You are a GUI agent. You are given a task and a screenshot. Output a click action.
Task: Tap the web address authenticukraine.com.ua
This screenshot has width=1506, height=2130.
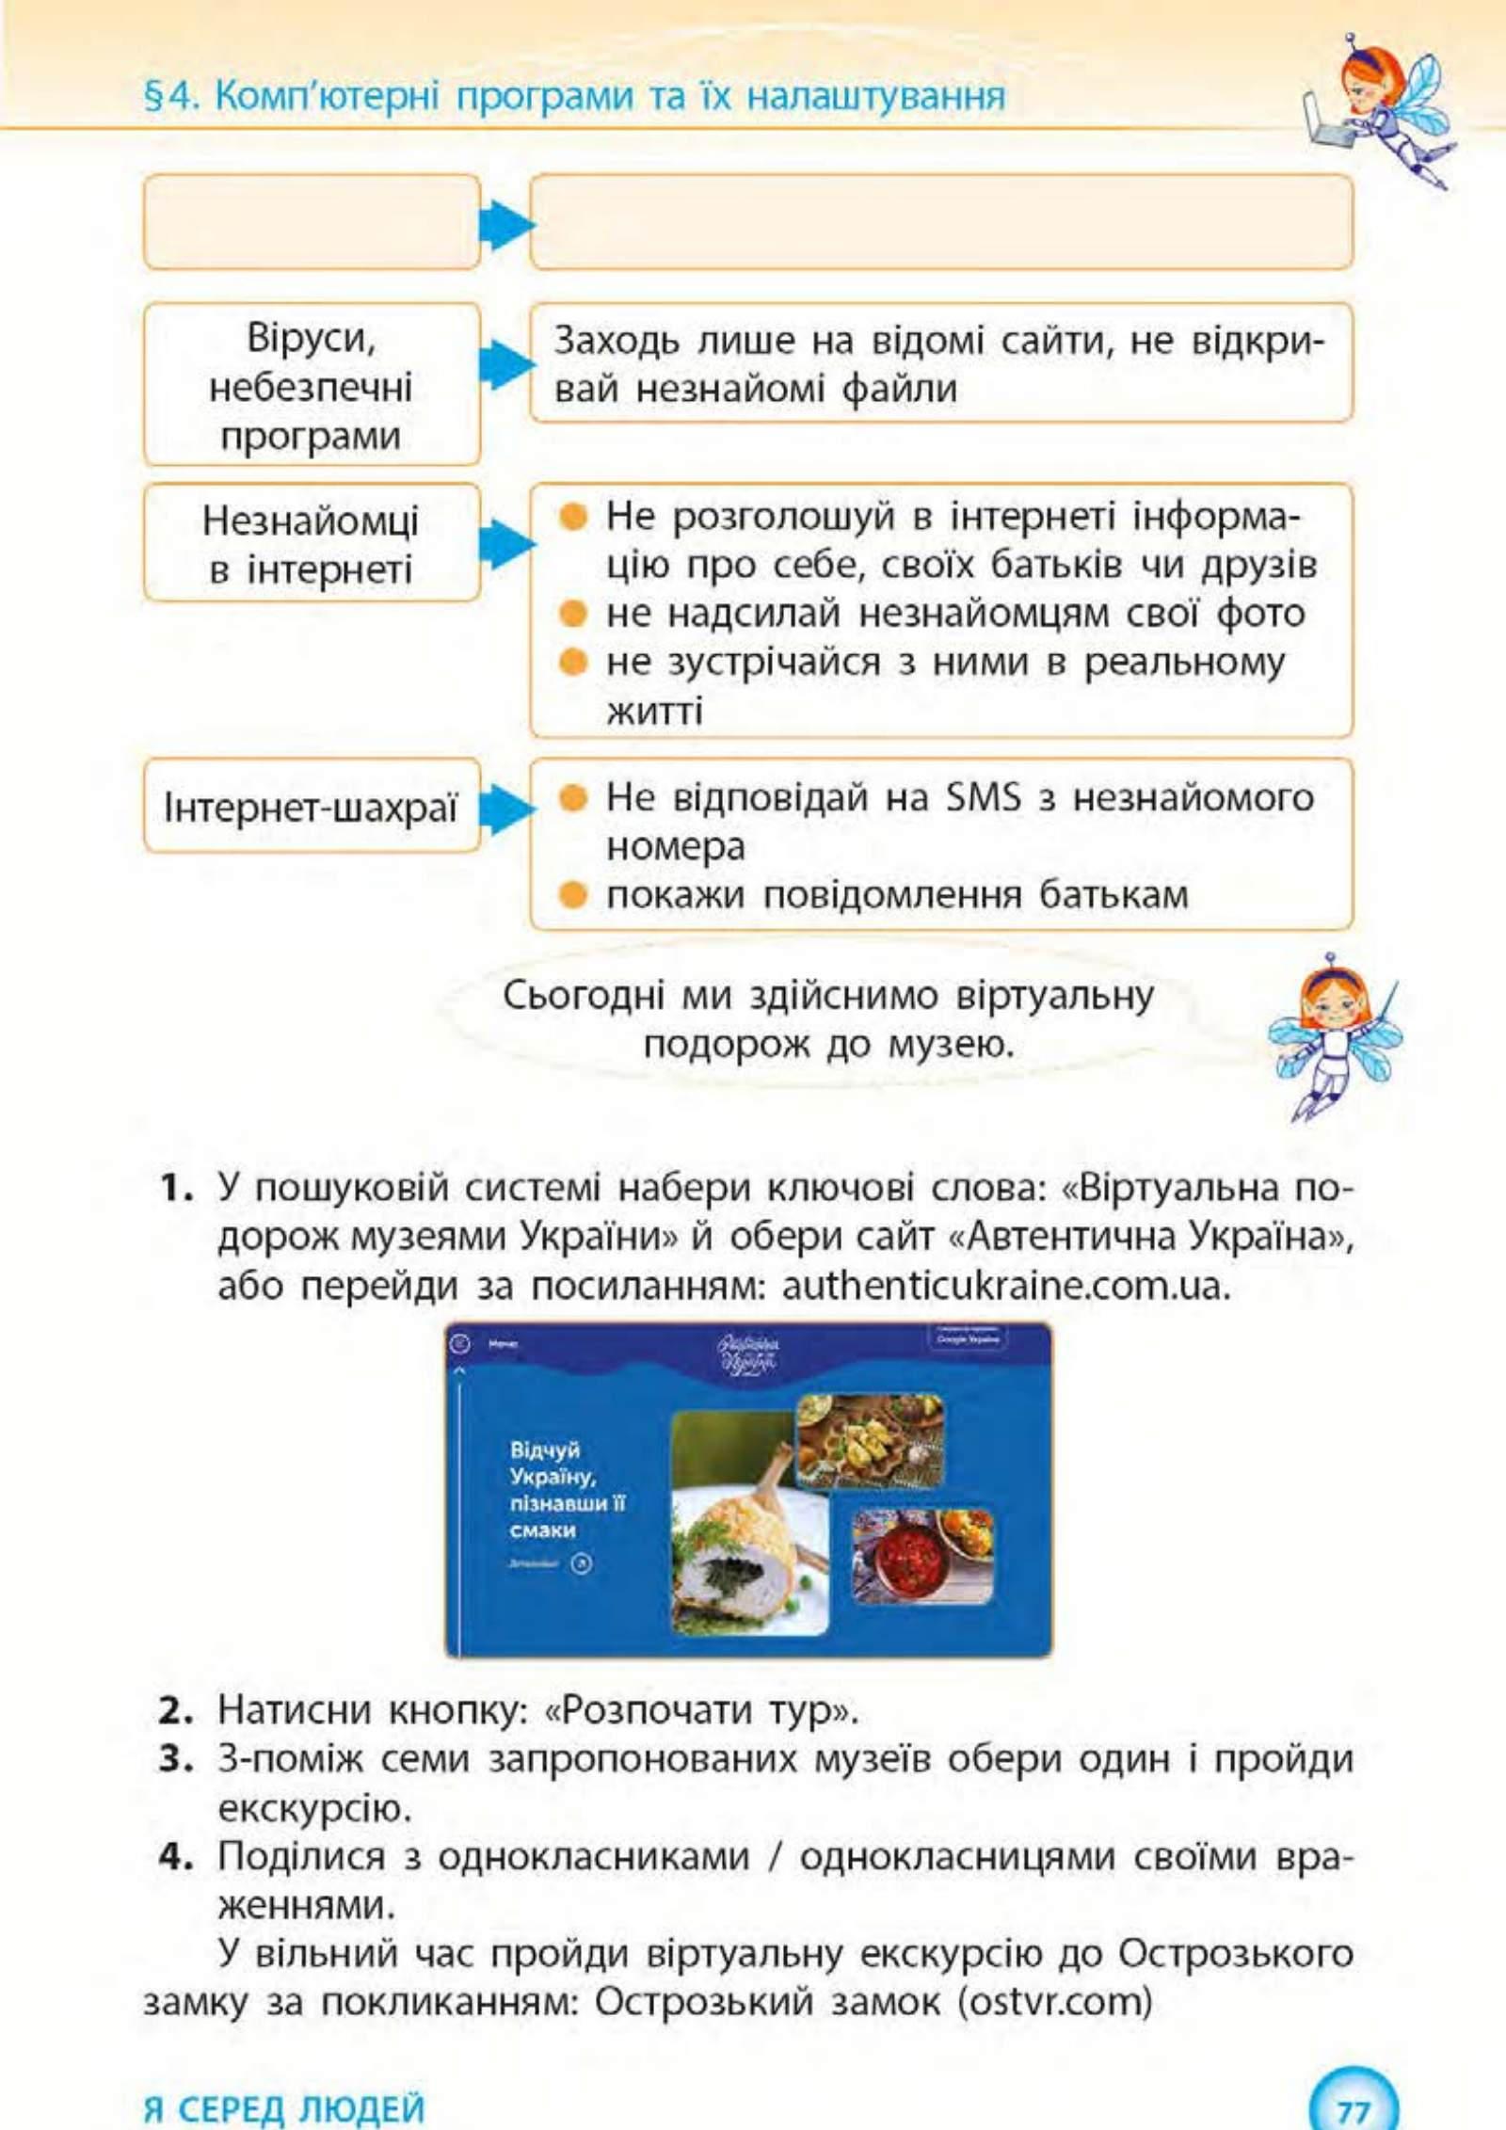[1004, 1286]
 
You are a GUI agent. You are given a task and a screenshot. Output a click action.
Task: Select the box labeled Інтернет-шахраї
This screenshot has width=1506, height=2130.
[312, 808]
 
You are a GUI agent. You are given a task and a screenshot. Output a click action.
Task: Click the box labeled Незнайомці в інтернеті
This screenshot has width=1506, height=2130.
[312, 543]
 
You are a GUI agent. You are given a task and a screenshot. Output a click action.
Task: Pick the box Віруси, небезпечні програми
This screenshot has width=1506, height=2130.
[312, 385]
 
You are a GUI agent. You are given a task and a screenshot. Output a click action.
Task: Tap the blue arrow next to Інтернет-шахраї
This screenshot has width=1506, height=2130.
[506, 809]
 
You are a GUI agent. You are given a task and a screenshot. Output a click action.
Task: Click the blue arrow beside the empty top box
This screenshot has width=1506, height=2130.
[506, 224]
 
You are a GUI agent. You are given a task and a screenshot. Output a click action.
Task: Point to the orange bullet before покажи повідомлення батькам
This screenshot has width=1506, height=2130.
[572, 893]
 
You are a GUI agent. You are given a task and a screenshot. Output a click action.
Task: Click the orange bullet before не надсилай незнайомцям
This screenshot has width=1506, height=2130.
[572, 614]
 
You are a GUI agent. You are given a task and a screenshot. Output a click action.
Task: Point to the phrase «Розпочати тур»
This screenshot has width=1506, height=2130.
[701, 1710]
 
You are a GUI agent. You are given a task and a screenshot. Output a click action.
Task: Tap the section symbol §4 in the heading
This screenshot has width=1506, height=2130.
[169, 96]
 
